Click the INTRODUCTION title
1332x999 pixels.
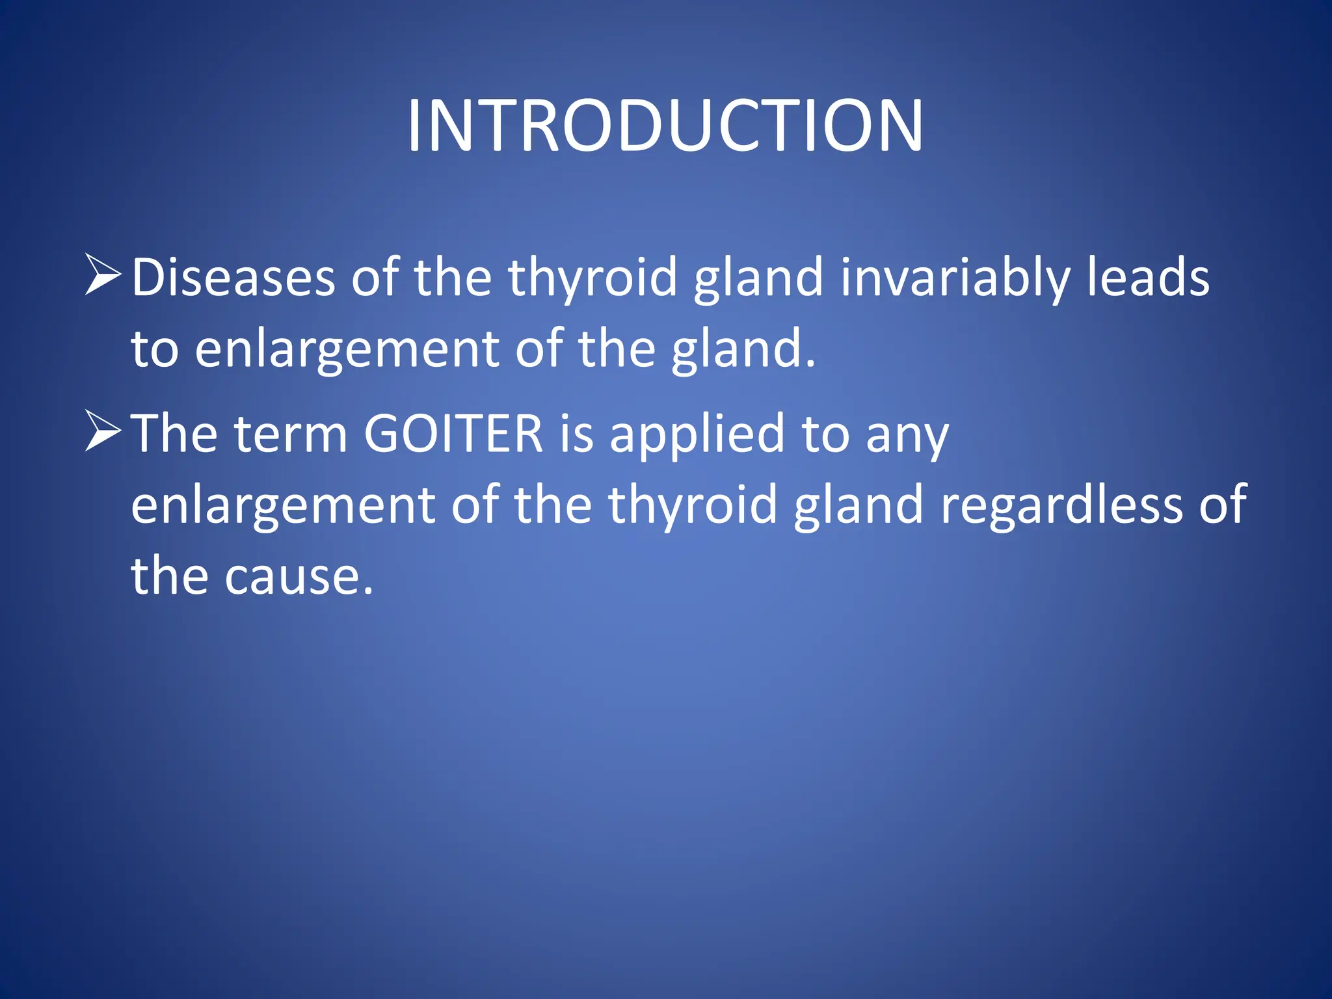click(x=665, y=126)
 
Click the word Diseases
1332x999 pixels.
click(x=233, y=278)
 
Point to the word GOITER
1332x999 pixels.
click(x=453, y=434)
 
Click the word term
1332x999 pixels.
click(x=291, y=434)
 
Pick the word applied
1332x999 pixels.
click(x=697, y=434)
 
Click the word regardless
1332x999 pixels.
click(x=1062, y=505)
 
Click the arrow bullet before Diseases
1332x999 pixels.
click(x=103, y=276)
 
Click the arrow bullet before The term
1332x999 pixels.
click(x=103, y=432)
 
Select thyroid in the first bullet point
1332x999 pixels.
click(x=593, y=278)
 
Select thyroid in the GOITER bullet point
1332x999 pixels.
click(x=693, y=505)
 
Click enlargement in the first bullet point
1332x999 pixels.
click(x=346, y=350)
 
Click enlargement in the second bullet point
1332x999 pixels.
click(x=283, y=505)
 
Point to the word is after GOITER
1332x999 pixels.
click(x=577, y=434)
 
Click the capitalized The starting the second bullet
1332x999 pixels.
click(x=174, y=434)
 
